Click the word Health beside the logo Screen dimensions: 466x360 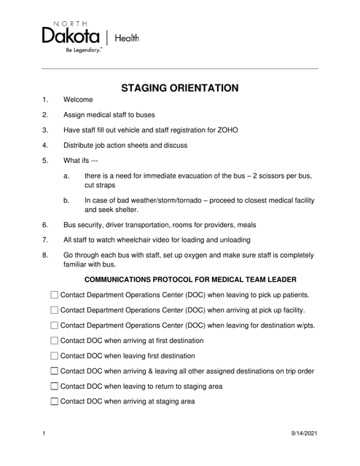coord(126,37)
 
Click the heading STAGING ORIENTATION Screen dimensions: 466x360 coord(180,89)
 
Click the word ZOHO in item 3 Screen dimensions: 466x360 coord(249,130)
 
